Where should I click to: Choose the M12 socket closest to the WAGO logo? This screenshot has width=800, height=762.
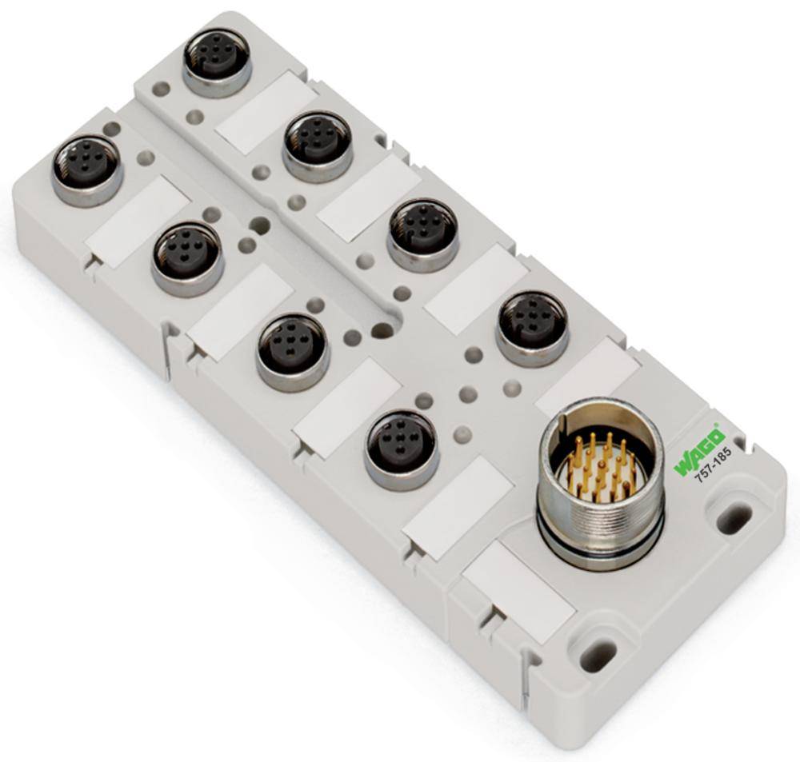(532, 328)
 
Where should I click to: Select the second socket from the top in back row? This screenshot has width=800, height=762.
(318, 144)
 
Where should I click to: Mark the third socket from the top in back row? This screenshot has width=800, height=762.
(422, 232)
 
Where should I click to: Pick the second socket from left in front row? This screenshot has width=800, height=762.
(187, 256)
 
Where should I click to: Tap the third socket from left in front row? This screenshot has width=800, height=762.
(293, 352)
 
